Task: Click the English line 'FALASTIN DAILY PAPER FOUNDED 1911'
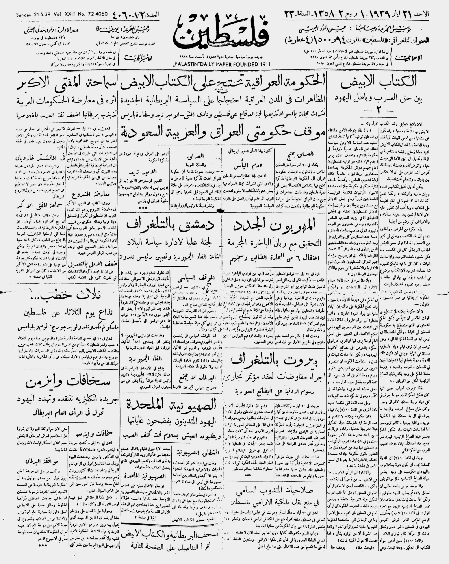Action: [222, 64]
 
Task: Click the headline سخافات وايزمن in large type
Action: [68, 383]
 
